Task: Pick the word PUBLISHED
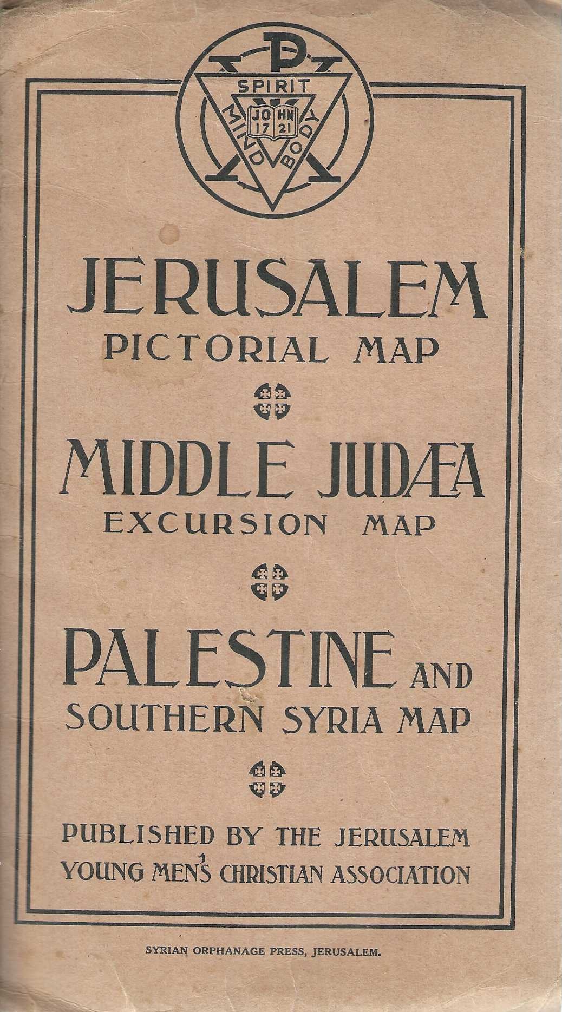138,837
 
